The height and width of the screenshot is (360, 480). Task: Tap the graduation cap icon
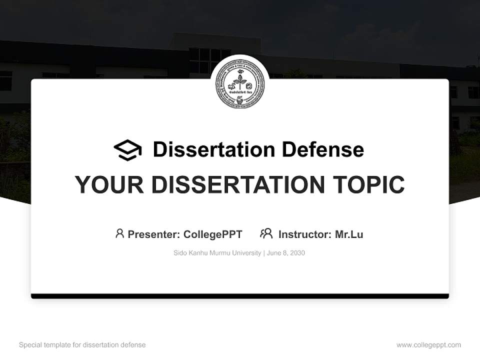pyautogui.click(x=127, y=150)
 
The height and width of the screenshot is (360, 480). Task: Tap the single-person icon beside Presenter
pyautogui.click(x=119, y=233)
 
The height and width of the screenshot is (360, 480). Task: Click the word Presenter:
pyautogui.click(x=153, y=234)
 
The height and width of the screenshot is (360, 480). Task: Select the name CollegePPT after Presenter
pyautogui.click(x=213, y=234)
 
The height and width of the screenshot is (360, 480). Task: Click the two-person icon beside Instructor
pyautogui.click(x=266, y=233)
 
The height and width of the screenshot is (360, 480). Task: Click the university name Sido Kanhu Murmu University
pyautogui.click(x=217, y=253)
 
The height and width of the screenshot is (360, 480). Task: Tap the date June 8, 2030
pyautogui.click(x=286, y=253)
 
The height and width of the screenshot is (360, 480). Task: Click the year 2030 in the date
pyautogui.click(x=296, y=253)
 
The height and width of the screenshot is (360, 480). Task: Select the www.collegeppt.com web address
pyautogui.click(x=428, y=345)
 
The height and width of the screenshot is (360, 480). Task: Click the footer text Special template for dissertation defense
pyautogui.click(x=82, y=345)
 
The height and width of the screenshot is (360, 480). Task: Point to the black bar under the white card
pyautogui.click(x=240, y=296)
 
